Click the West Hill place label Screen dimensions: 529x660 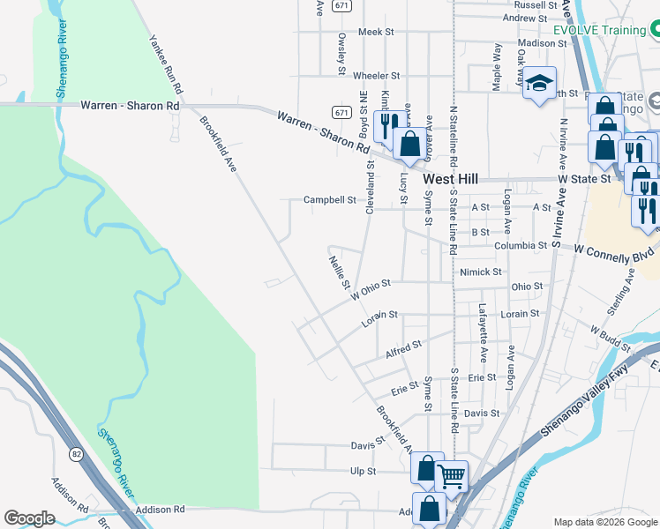(450, 178)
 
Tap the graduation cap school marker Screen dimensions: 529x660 (539, 86)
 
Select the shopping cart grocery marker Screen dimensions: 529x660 (451, 477)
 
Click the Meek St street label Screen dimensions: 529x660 (375, 32)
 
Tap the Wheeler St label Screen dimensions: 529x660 (376, 76)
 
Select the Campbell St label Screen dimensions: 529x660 (329, 200)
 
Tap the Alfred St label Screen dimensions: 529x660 (404, 349)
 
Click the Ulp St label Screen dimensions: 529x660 (363, 472)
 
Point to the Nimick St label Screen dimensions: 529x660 (481, 272)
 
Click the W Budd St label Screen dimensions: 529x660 (610, 332)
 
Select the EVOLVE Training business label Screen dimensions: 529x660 (599, 31)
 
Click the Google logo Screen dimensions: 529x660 (29, 518)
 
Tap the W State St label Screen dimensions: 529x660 (587, 179)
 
